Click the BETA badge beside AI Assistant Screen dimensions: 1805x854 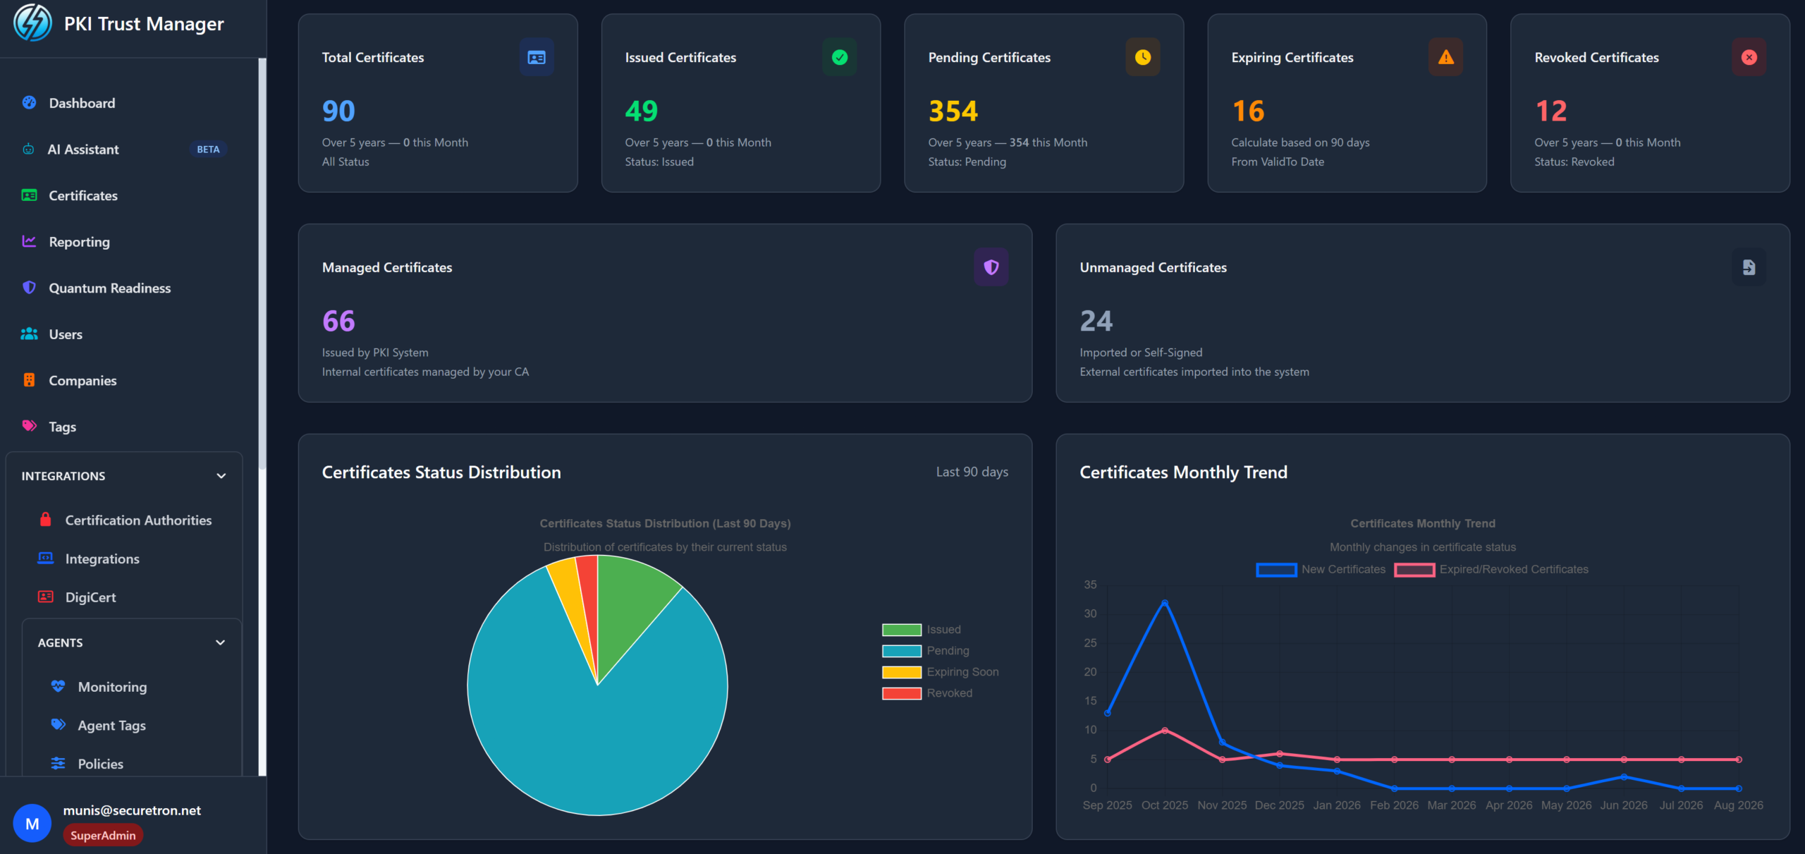(208, 150)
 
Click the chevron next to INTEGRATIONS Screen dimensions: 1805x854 (221, 476)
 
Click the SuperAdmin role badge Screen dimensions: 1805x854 (103, 836)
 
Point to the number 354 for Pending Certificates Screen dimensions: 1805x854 (953, 111)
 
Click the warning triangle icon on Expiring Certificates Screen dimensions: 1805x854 (1445, 57)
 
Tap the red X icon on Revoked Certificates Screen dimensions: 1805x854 (1749, 57)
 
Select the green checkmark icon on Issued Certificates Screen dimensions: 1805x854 (840, 57)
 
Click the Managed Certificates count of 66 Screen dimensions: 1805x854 (338, 321)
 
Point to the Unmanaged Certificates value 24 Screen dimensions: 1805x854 (1096, 321)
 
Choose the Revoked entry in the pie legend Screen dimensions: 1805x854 (927, 693)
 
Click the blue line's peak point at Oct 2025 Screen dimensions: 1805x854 (1165, 603)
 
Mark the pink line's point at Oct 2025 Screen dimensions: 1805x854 (1165, 731)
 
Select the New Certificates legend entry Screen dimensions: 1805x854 (1321, 569)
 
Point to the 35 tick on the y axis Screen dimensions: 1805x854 (1091, 585)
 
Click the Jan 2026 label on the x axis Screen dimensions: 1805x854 (1337, 805)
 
